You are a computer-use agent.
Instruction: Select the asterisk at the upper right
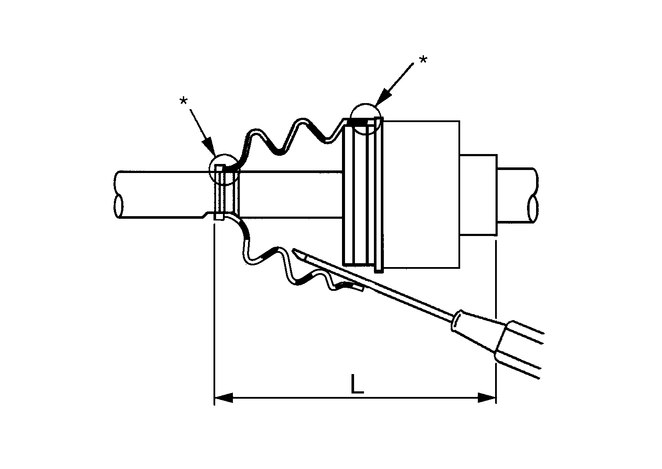(423, 60)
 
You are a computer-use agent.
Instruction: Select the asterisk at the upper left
(184, 101)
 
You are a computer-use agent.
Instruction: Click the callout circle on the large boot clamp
(366, 119)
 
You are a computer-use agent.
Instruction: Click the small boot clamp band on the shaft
(226, 194)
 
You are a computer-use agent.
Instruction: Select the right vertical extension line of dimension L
(496, 302)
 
